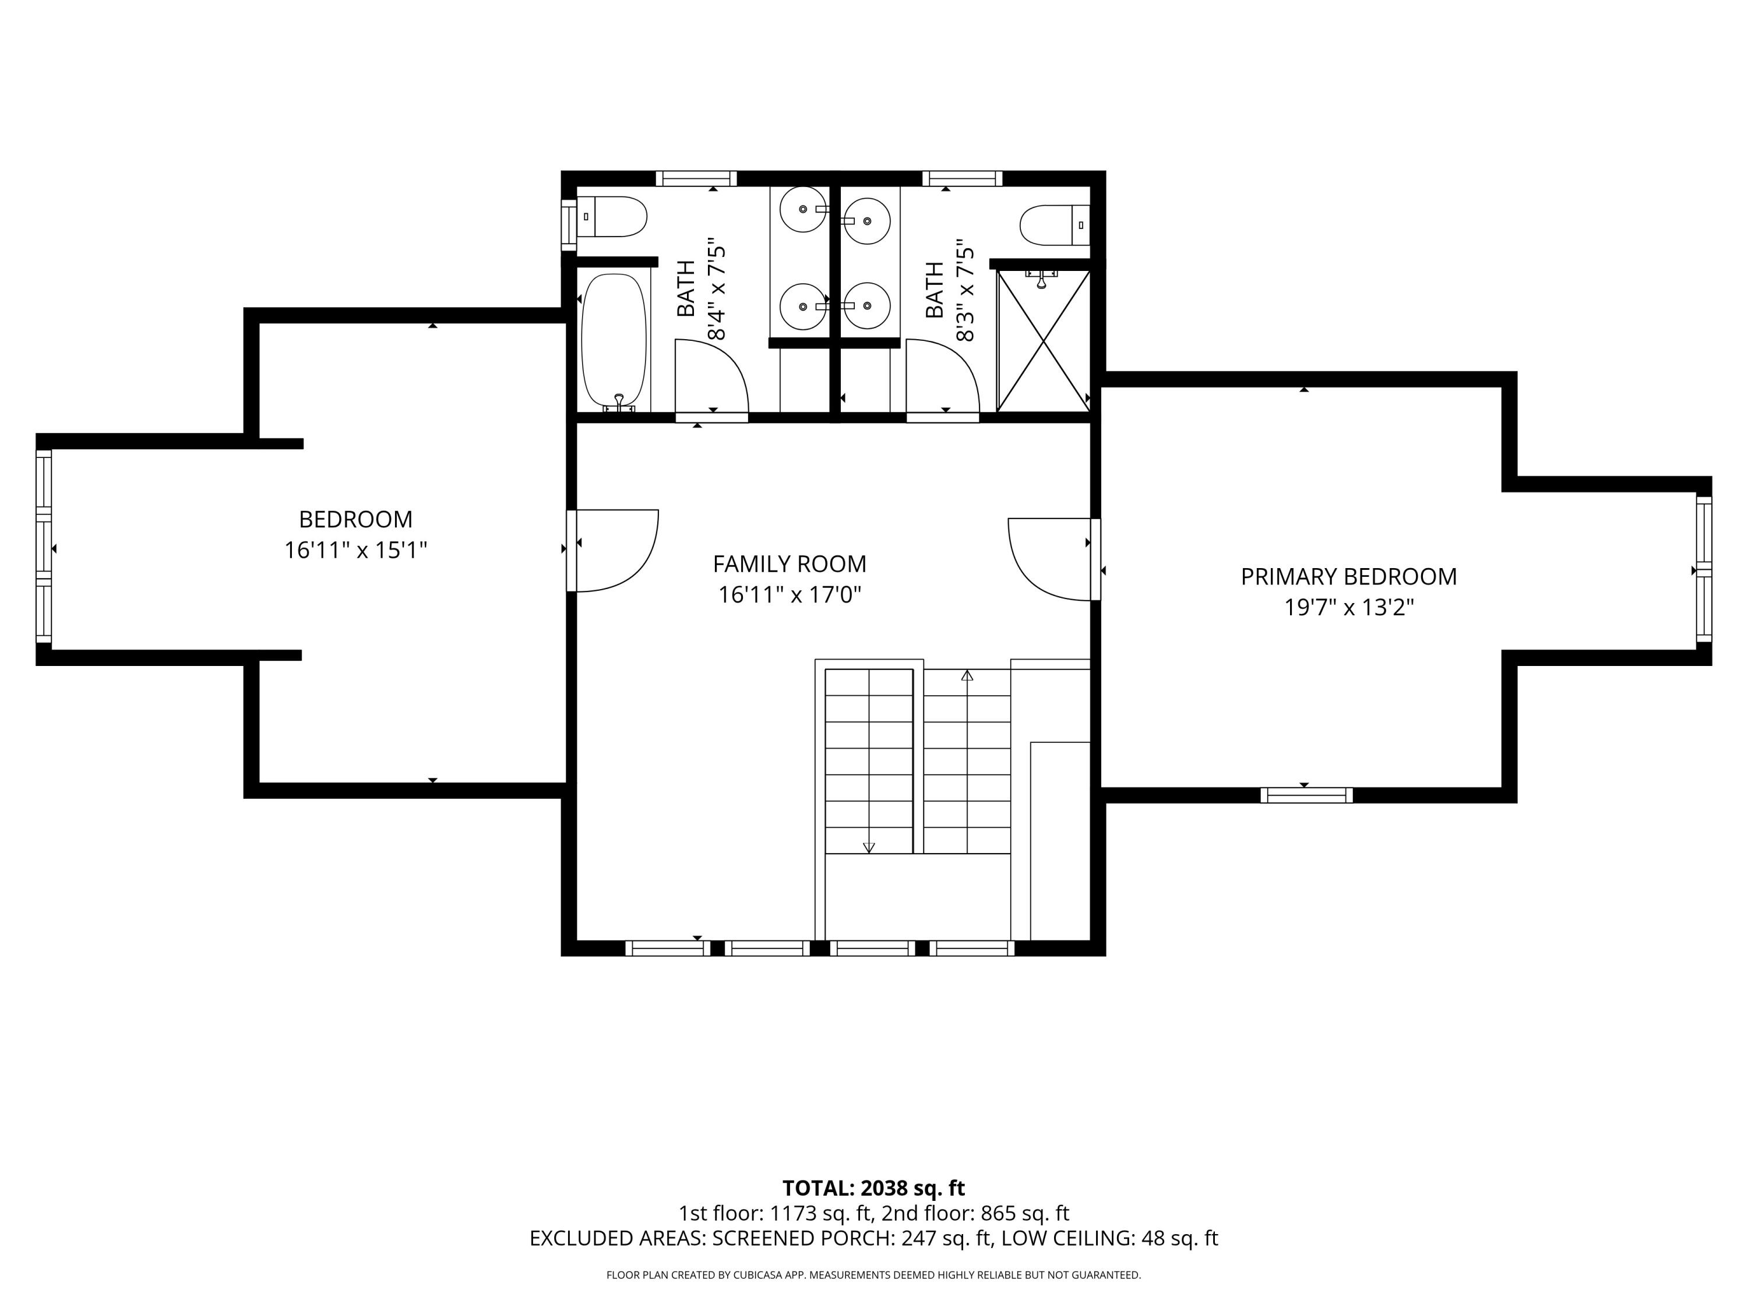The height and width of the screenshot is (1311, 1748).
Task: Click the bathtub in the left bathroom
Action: tap(614, 339)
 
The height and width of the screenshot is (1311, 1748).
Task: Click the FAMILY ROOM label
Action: tap(790, 564)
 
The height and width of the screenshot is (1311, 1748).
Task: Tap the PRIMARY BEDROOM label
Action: tap(1348, 577)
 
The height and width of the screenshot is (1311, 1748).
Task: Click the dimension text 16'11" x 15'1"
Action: tap(355, 550)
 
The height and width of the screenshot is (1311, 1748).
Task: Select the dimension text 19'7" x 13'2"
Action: tap(1348, 608)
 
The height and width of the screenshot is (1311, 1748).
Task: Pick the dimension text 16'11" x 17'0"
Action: tap(790, 595)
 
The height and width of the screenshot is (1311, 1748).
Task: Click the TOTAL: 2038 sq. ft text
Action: tap(873, 1189)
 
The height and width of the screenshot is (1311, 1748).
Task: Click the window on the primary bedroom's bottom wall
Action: tap(1306, 795)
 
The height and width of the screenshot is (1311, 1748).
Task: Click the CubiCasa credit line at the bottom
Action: tap(873, 1275)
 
